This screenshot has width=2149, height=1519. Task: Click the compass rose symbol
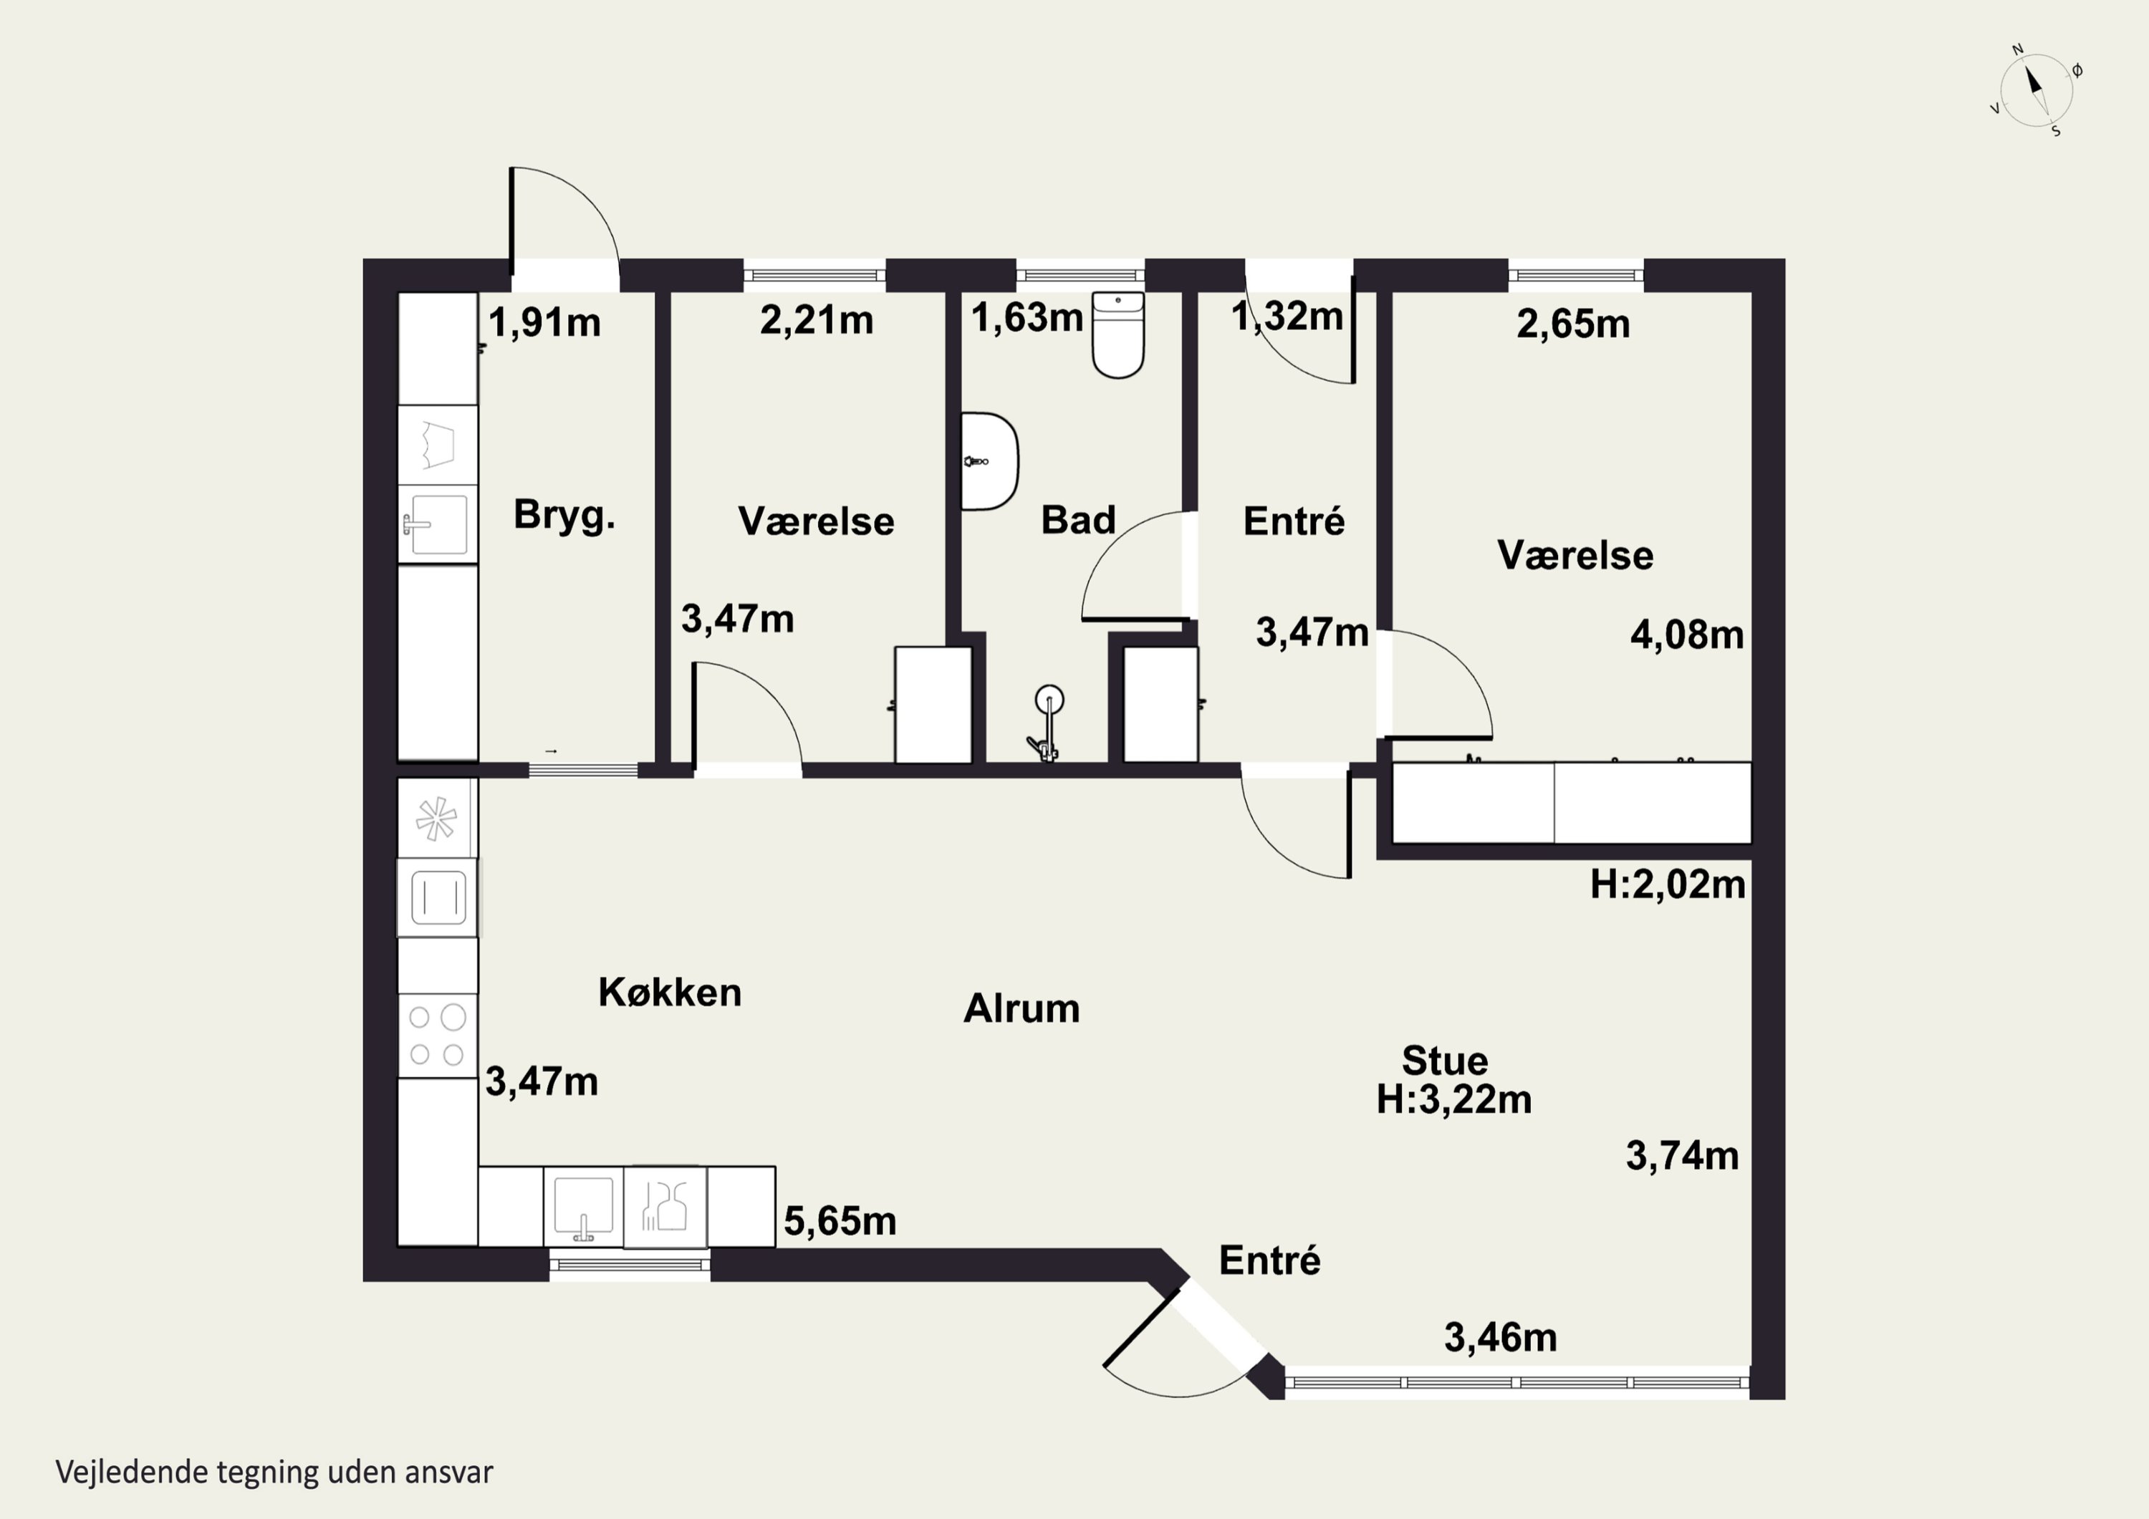coord(2036,90)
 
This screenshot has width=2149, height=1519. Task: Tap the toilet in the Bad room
coord(1118,334)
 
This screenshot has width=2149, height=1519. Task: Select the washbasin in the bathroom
coord(990,461)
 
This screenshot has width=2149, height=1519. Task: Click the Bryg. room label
coord(564,516)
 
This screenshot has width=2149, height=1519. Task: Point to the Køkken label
coord(670,992)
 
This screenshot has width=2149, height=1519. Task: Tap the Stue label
coord(1444,1061)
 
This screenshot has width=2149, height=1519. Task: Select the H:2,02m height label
coord(1668,884)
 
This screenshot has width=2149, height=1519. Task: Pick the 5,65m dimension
coord(840,1220)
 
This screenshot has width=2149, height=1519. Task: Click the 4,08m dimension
coord(1687,635)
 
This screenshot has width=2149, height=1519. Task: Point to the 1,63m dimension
coord(1027,317)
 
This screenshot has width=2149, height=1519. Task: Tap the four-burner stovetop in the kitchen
coord(437,1035)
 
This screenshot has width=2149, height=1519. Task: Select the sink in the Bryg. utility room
coord(436,524)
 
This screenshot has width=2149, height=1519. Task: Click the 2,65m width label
coord(1572,324)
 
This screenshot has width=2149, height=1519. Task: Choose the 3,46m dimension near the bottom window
coord(1501,1337)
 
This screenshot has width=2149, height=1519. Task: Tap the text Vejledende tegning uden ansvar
coord(274,1472)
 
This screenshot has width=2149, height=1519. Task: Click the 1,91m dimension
coord(544,323)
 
